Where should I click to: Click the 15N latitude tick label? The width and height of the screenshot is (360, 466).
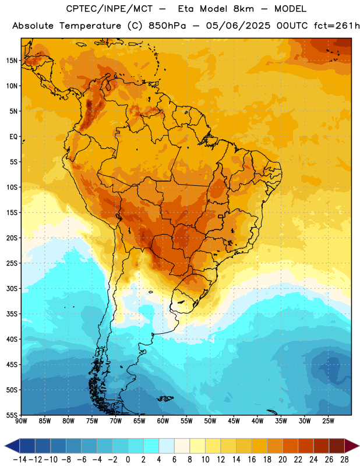[x=12, y=61]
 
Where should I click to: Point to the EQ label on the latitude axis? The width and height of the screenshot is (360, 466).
[x=13, y=137]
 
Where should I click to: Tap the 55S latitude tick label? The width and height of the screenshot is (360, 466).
[x=12, y=415]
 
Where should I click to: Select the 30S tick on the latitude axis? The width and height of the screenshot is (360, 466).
[x=12, y=288]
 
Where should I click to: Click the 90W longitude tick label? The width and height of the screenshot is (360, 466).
[x=22, y=421]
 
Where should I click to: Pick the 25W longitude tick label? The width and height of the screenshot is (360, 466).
[x=328, y=421]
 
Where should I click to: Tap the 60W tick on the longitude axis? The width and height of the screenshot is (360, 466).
[x=163, y=421]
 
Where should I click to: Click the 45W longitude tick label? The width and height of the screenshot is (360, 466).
[x=234, y=421]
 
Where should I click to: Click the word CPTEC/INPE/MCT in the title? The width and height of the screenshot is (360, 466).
[x=110, y=9]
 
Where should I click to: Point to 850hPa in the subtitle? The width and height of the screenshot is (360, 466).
[x=167, y=26]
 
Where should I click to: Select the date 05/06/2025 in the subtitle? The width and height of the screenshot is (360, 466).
[x=238, y=26]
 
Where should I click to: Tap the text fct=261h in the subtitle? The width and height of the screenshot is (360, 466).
[x=337, y=26]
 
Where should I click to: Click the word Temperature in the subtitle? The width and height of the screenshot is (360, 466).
[x=90, y=26]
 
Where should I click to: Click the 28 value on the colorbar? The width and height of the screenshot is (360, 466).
[x=344, y=460]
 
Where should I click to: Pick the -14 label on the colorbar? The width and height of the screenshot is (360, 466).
[x=20, y=460]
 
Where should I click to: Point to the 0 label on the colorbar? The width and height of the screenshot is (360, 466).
[x=128, y=460]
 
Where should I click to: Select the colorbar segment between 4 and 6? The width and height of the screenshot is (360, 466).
[x=167, y=446]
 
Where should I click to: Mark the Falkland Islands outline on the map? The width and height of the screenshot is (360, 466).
[x=165, y=398]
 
